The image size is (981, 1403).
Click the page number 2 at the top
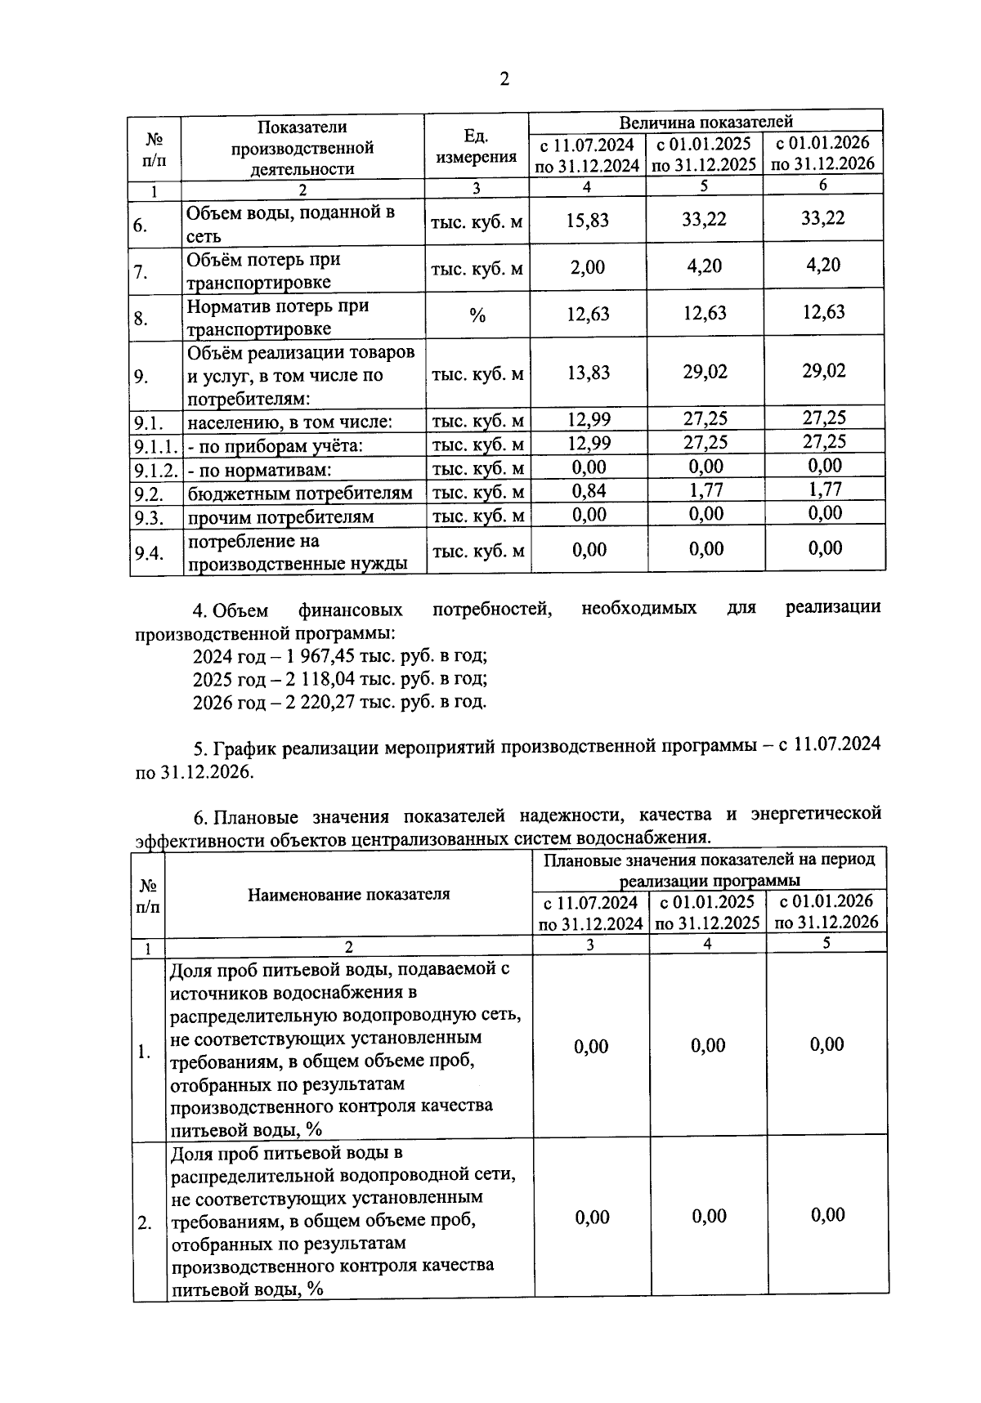(x=504, y=79)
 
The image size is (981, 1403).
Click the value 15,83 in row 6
(x=587, y=220)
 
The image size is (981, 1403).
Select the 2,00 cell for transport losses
(x=587, y=267)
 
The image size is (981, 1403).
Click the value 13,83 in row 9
(x=587, y=373)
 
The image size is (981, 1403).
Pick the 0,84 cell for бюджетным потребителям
(x=589, y=490)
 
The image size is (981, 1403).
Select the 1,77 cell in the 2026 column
(x=824, y=489)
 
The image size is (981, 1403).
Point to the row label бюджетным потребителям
(x=300, y=494)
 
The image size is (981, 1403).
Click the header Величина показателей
(x=706, y=122)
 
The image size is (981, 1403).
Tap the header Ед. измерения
(x=477, y=146)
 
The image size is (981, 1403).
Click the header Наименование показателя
(x=349, y=894)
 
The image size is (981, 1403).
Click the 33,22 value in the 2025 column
(x=704, y=219)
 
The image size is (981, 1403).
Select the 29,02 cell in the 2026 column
(x=823, y=371)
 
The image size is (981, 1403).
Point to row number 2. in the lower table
(x=145, y=1224)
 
